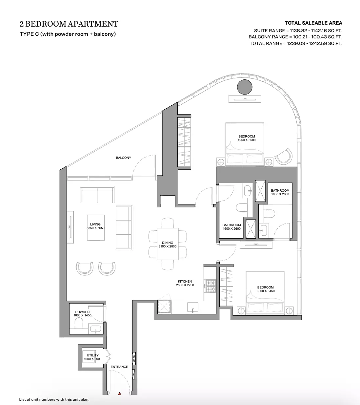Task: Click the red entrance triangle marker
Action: (x=119, y=394)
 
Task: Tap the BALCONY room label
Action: (x=123, y=158)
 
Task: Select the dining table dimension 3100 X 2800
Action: (x=168, y=246)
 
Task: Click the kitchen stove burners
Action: (x=211, y=286)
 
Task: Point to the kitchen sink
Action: (x=192, y=307)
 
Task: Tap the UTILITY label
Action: (x=93, y=355)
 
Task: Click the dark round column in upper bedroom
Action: (x=245, y=87)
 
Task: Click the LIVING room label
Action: (x=95, y=224)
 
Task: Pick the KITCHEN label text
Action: (x=185, y=282)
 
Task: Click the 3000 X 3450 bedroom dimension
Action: (x=266, y=291)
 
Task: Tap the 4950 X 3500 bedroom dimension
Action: (x=247, y=140)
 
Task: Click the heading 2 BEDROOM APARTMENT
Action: (x=69, y=24)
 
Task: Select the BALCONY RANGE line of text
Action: (x=295, y=37)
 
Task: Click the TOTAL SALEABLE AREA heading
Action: (x=313, y=23)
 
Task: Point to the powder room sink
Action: (x=96, y=329)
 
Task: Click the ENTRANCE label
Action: (x=119, y=367)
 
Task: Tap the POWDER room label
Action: (x=82, y=312)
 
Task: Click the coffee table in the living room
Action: (x=96, y=228)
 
